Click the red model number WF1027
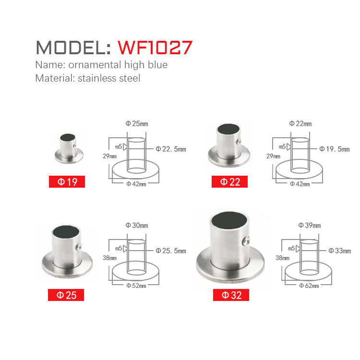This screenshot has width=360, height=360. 155,48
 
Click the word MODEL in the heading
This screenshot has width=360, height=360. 70,48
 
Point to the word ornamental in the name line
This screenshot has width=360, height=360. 95,65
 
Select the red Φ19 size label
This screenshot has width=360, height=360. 67,181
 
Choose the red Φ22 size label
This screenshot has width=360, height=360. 229,181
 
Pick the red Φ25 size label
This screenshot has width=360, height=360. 66,295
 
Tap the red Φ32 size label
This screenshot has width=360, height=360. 231,295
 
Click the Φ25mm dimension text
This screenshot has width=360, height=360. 137,124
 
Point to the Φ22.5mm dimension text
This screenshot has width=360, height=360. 171,149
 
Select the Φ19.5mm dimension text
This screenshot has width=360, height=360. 335,149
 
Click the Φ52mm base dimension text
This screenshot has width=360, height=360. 136,286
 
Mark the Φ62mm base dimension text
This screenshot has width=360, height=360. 309,286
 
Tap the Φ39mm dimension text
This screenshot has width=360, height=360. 310,226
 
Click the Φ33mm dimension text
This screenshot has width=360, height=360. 339,251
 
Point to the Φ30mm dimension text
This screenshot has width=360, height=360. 137,226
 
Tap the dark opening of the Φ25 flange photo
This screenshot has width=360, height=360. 66,231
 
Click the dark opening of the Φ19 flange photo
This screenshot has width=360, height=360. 68,137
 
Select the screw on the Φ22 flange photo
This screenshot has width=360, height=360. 239,141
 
